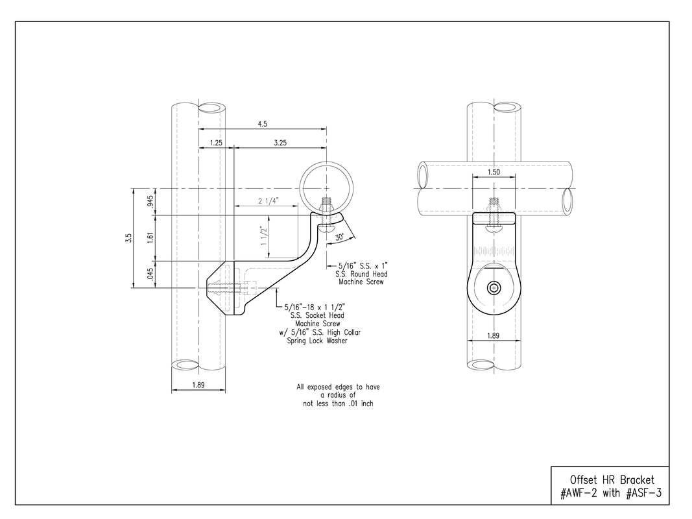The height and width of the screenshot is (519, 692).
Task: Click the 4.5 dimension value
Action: click(262, 124)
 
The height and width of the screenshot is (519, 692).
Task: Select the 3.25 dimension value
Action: click(280, 143)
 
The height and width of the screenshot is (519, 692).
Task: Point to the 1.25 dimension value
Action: click(216, 143)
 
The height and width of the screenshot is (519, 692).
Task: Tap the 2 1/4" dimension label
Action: click(268, 201)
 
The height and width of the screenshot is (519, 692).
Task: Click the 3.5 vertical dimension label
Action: click(128, 238)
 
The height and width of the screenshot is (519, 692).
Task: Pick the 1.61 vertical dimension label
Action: click(150, 238)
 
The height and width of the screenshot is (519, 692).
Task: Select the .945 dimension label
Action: click(150, 202)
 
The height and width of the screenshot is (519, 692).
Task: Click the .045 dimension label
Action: click(150, 274)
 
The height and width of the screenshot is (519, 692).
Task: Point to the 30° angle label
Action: click(339, 237)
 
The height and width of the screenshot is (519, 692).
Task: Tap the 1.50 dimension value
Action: click(494, 172)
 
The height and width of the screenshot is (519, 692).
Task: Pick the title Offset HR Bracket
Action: click(612, 479)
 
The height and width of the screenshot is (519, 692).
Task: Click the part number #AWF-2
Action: click(579, 493)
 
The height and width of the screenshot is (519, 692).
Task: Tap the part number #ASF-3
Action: click(643, 493)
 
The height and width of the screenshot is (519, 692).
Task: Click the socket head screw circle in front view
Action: click(494, 288)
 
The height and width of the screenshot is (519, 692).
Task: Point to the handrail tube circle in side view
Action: click(327, 188)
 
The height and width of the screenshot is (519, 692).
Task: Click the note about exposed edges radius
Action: click(338, 395)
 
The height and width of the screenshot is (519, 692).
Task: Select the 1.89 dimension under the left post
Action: click(198, 385)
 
